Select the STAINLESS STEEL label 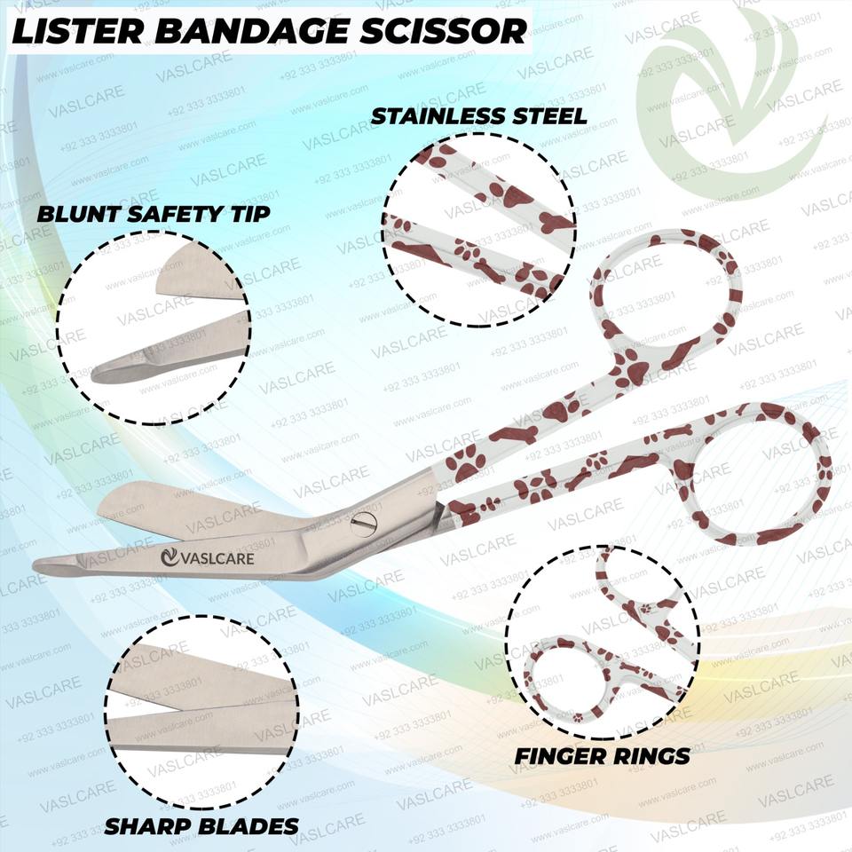click(x=478, y=116)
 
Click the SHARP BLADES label click(x=201, y=826)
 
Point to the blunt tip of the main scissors click(x=44, y=565)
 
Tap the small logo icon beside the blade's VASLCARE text click(x=169, y=558)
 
